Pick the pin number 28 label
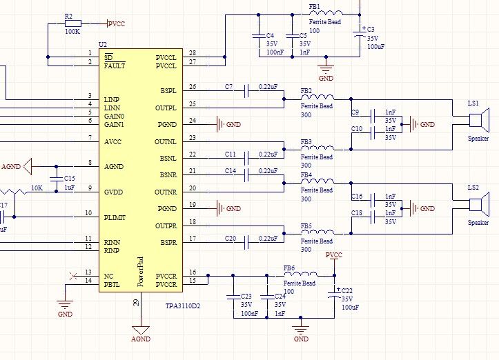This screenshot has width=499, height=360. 192,53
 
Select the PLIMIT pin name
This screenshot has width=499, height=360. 115,217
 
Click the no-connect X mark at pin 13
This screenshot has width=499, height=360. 74,276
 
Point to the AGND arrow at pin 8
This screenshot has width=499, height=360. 28,166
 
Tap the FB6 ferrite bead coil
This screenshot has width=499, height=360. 304,275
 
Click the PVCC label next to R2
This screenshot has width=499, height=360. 116,23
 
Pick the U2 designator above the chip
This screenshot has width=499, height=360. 104,44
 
